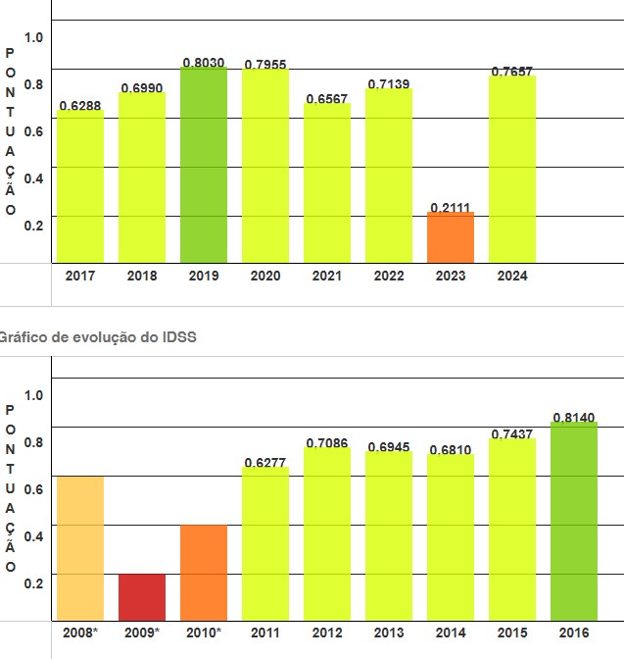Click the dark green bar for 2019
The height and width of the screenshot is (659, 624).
click(x=204, y=165)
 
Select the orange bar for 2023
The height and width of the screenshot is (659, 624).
click(x=451, y=237)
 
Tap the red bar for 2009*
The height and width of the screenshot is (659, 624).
click(x=142, y=597)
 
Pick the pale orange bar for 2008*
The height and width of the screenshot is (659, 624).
click(x=80, y=548)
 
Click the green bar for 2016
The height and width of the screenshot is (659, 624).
click(x=574, y=522)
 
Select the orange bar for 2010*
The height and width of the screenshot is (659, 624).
click(x=204, y=573)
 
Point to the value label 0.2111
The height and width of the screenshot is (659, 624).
click(x=451, y=206)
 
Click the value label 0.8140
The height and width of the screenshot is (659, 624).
click(x=574, y=417)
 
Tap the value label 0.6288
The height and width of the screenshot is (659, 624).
click(x=80, y=105)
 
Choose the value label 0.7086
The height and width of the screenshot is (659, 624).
click(x=327, y=443)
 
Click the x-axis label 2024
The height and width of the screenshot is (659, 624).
click(x=512, y=276)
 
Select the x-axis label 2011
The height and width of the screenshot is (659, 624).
click(x=265, y=633)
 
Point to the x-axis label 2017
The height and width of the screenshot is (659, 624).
click(x=80, y=276)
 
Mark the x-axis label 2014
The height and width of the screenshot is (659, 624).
click(x=451, y=633)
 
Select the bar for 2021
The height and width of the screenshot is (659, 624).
click(x=327, y=183)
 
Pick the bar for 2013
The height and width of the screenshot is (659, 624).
click(x=389, y=536)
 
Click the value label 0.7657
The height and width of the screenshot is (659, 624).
click(x=512, y=72)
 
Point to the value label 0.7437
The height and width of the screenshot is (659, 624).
click(x=512, y=433)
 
